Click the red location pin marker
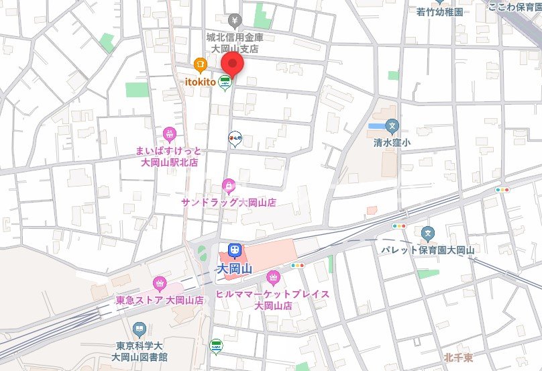tap(232, 65)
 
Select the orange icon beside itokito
tap(199, 65)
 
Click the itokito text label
tap(200, 81)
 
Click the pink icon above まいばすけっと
tap(169, 134)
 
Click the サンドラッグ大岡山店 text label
tap(228, 202)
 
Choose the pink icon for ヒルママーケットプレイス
tap(273, 277)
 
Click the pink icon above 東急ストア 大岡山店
tap(160, 283)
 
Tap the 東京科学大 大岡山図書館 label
tap(140, 351)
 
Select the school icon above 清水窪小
tap(392, 125)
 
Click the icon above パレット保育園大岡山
tap(428, 233)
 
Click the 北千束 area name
tap(459, 358)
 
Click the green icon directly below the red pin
tap(225, 83)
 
